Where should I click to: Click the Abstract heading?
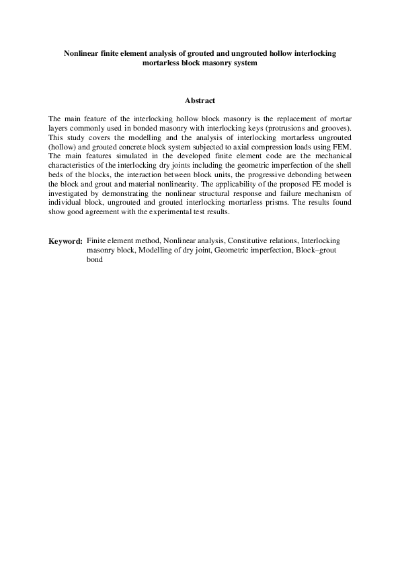tap(200, 100)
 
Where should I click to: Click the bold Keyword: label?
tap(65, 241)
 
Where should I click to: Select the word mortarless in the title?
tap(166, 63)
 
